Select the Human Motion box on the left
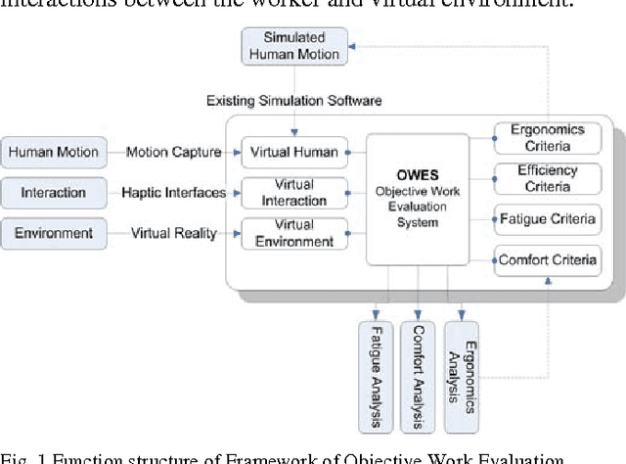point(53,152)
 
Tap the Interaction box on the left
point(53,192)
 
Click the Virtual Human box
point(294,152)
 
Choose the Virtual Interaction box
point(294,193)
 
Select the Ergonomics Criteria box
point(546,138)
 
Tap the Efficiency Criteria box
point(546,177)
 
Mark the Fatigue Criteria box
point(547,218)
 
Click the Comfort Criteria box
point(547,260)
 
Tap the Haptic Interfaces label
point(172,192)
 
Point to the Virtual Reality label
point(174,233)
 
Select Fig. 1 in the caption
point(22,456)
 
